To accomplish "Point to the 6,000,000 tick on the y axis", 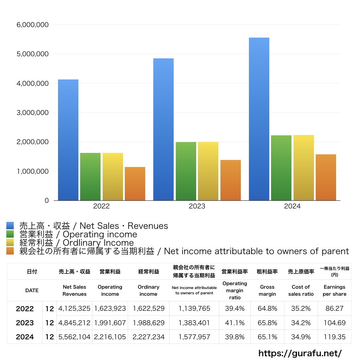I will pos(33,25).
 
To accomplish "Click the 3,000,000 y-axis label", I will pos(33,113).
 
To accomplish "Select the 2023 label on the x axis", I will pos(197,206).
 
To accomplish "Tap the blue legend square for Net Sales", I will pos(10,226).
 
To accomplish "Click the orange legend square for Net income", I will pos(10,251).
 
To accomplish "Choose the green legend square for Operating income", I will pos(10,234).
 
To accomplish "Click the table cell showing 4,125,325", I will pos(75,309).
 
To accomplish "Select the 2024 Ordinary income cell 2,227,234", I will pos(149,337).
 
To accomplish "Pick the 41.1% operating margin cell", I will pos(234,323).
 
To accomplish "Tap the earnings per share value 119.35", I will pos(334,337).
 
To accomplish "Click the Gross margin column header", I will pos(267,290).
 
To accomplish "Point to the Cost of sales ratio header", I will pos(301,290).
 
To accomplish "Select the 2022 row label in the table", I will pos(25,309).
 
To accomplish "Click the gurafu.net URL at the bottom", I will pos(300,353).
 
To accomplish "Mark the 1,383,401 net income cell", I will pos(194,323).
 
